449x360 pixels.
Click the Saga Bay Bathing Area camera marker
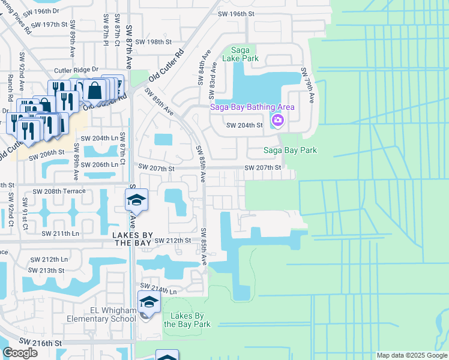pyautogui.click(x=277, y=121)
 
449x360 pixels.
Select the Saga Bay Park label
pyautogui.click(x=291, y=150)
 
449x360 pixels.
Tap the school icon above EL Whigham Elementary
pyautogui.click(x=149, y=302)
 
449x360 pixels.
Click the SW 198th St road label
pyautogui.click(x=154, y=42)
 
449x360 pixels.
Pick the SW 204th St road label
pyautogui.click(x=244, y=125)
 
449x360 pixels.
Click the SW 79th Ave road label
pyautogui.click(x=308, y=92)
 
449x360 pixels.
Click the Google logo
pyautogui.click(x=20, y=353)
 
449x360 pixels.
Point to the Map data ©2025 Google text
pyautogui.click(x=411, y=355)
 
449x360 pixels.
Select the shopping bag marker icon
pyautogui.click(x=95, y=91)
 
